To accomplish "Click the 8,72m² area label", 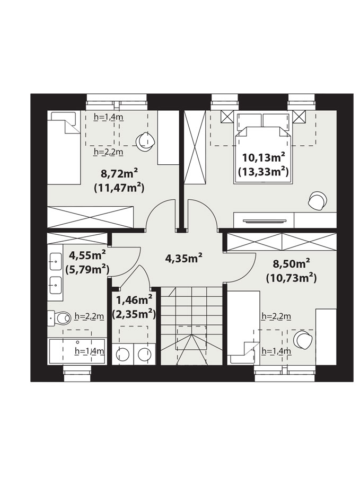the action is point(119,174).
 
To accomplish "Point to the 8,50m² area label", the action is point(292,263).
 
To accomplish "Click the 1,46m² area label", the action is point(134,301).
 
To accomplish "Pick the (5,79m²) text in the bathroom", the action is point(87,269).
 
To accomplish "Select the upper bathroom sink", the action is point(56,261).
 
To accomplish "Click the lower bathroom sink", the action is point(56,285).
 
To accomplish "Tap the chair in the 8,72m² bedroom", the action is point(145,142).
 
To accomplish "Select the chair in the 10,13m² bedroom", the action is point(318,200).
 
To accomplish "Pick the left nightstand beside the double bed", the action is point(227,117).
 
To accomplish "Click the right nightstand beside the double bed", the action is point(300,117).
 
